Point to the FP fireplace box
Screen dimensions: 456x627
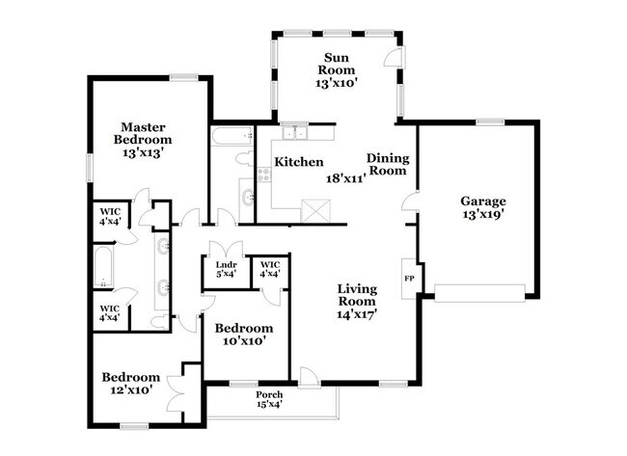tap(408, 280)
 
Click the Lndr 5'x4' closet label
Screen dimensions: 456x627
tap(226, 269)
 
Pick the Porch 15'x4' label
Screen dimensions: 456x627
tap(269, 401)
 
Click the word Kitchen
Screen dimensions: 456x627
tap(299, 163)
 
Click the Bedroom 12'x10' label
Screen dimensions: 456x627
tap(130, 384)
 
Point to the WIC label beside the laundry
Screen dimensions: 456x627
tap(269, 269)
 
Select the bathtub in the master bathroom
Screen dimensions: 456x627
tap(103, 267)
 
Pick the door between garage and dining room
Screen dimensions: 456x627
tap(410, 205)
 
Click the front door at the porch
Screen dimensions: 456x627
tap(308, 377)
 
